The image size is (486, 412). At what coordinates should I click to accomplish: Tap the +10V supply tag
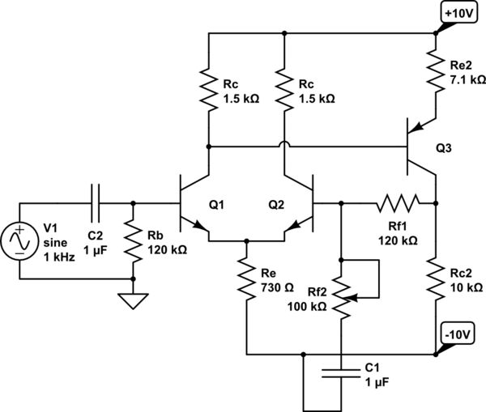tap(459, 13)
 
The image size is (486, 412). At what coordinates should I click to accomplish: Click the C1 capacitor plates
tap(341, 375)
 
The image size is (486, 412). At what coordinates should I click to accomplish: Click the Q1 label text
tap(216, 206)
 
